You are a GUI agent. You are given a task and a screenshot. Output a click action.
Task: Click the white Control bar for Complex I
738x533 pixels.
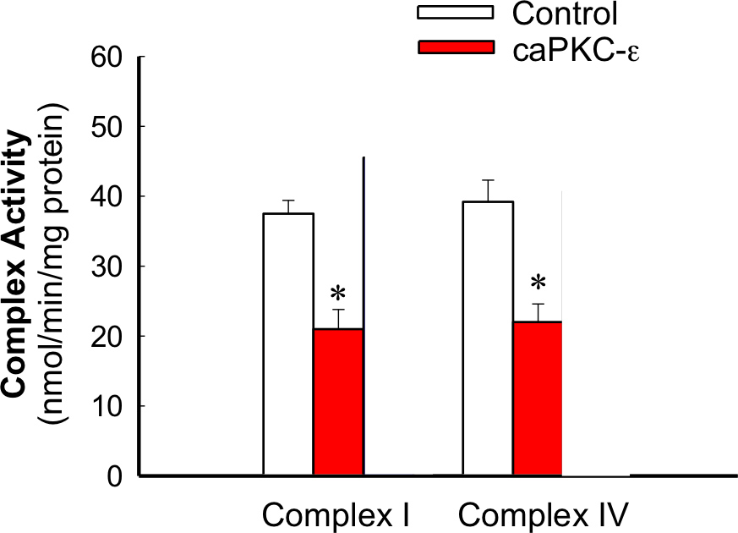coord(288,344)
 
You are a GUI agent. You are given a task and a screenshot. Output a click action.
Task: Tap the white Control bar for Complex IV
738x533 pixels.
coord(488,338)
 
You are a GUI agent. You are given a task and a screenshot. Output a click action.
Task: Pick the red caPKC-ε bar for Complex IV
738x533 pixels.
coord(538,398)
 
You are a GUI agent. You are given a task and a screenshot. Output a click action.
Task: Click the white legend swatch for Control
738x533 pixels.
coord(456,14)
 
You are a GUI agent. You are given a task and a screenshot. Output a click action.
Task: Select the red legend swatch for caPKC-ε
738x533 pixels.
coord(456,47)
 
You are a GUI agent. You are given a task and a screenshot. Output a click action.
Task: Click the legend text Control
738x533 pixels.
coord(565,14)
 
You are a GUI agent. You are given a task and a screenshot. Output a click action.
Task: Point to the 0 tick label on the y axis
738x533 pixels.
coord(118,476)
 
